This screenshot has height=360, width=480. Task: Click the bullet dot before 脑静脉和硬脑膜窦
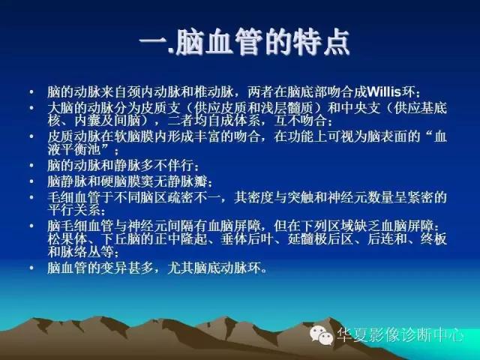tap(31, 181)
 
